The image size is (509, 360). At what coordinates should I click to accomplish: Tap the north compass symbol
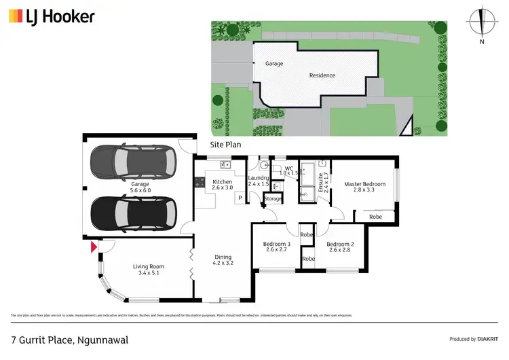tap(482, 23)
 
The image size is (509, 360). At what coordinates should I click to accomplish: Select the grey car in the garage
tap(133, 163)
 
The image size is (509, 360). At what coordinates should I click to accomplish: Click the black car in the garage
tap(133, 213)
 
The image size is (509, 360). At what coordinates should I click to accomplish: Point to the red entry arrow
tap(94, 248)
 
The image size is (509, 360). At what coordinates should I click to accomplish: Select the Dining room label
tap(223, 260)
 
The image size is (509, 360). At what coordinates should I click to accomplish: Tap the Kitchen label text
tap(223, 182)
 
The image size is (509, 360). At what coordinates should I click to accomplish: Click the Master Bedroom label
tap(364, 184)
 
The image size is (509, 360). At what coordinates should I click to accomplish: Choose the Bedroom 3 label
tap(277, 245)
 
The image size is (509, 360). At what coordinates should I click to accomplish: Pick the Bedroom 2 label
tap(339, 245)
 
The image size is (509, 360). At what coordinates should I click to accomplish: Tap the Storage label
tap(273, 198)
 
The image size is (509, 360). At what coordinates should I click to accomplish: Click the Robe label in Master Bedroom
tap(375, 217)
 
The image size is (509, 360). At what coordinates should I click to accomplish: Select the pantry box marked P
tap(240, 198)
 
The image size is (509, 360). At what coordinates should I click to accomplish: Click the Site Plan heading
tap(226, 145)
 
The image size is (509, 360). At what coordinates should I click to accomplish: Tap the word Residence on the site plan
tap(322, 75)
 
